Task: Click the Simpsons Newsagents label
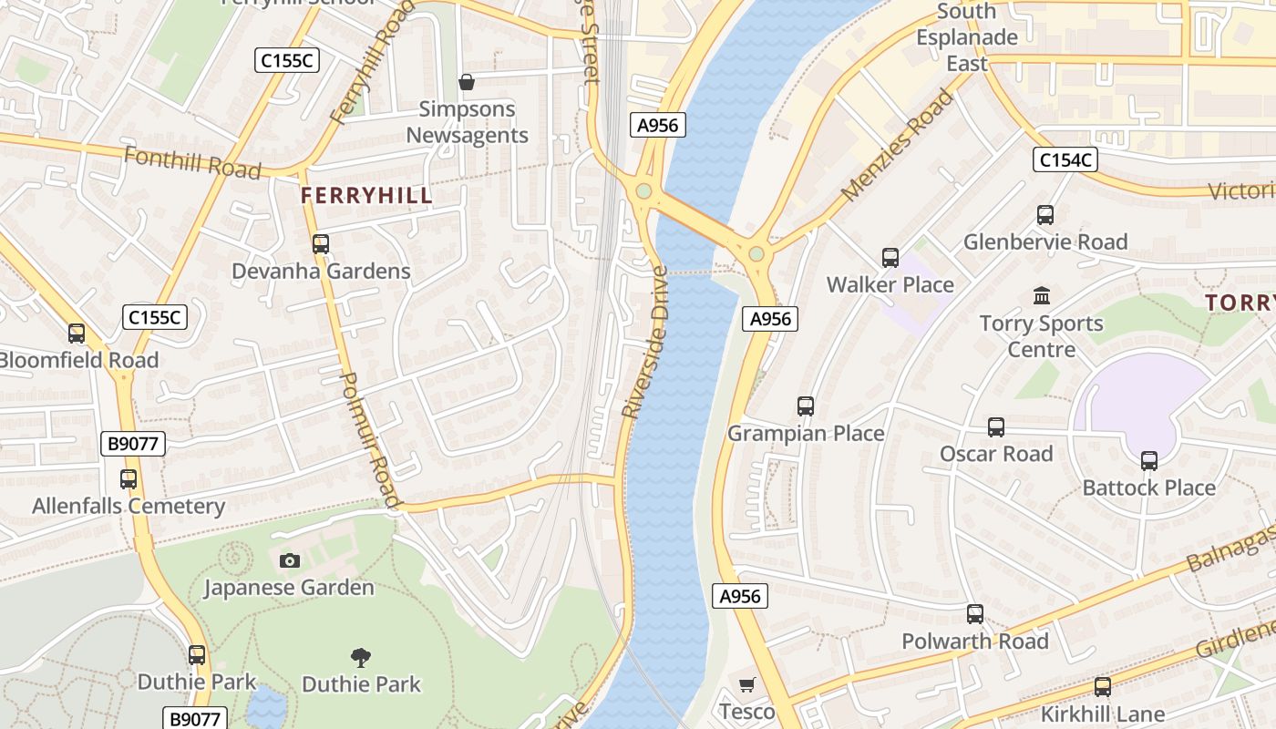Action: (x=467, y=122)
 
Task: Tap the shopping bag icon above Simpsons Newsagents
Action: (x=467, y=83)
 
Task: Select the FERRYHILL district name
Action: (x=366, y=196)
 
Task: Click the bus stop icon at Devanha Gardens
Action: (x=320, y=244)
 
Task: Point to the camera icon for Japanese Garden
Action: (x=290, y=560)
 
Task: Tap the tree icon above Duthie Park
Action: (x=361, y=657)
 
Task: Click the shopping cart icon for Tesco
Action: (x=747, y=684)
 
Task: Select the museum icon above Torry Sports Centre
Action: (x=1042, y=295)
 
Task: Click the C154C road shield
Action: (x=1065, y=160)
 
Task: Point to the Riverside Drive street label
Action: (x=645, y=343)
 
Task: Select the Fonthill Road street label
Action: (x=192, y=163)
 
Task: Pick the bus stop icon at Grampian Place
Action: (x=806, y=406)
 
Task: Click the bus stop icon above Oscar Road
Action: (x=996, y=427)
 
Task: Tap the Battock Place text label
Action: (x=1148, y=488)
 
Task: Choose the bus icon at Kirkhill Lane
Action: (x=1103, y=687)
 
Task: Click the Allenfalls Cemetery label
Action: (x=129, y=506)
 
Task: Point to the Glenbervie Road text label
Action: (x=1045, y=241)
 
